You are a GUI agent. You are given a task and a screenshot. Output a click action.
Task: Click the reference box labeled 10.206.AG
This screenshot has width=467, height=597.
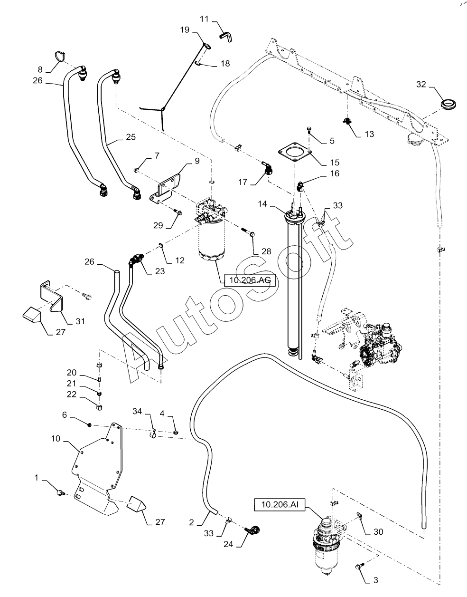[250, 280]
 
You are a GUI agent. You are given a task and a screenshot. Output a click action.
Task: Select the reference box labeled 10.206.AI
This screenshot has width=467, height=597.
[280, 504]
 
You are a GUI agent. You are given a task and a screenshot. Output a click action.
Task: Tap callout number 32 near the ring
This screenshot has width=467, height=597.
[421, 84]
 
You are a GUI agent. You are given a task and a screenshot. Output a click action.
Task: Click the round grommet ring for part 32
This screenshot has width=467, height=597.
[448, 105]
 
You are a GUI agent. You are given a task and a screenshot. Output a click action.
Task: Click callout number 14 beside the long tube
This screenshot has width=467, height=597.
[262, 204]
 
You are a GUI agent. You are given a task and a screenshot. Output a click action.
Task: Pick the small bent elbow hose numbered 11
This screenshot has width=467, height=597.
[226, 37]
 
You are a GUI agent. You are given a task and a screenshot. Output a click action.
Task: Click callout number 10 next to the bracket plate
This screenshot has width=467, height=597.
[56, 438]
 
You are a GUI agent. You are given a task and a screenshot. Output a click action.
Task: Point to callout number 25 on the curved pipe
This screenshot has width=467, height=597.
[131, 137]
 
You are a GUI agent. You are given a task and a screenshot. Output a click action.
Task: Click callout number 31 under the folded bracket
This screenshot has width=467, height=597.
[80, 321]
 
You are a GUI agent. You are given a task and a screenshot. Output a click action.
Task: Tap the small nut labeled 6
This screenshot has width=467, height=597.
[89, 425]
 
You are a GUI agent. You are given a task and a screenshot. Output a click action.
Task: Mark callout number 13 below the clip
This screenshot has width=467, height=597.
[369, 134]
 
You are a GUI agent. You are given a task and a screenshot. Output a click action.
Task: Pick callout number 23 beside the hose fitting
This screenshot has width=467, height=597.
[160, 271]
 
